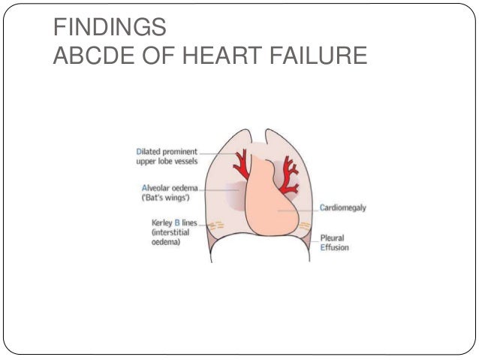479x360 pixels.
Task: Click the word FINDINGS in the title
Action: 110,29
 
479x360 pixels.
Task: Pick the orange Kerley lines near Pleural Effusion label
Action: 304,227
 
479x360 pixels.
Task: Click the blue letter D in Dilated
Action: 129,150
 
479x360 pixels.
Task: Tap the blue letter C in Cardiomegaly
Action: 321,208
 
